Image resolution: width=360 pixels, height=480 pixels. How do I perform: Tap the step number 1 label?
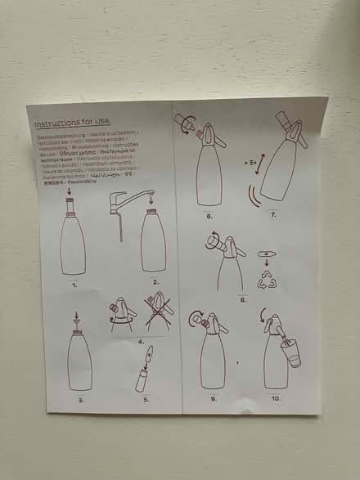[75, 285]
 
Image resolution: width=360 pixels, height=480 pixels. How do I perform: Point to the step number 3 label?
[81, 399]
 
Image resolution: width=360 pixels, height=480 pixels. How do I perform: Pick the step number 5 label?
[146, 399]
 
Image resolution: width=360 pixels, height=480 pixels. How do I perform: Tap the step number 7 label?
[273, 214]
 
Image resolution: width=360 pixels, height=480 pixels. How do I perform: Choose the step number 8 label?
[243, 300]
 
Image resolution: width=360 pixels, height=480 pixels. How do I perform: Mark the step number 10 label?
[276, 397]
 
